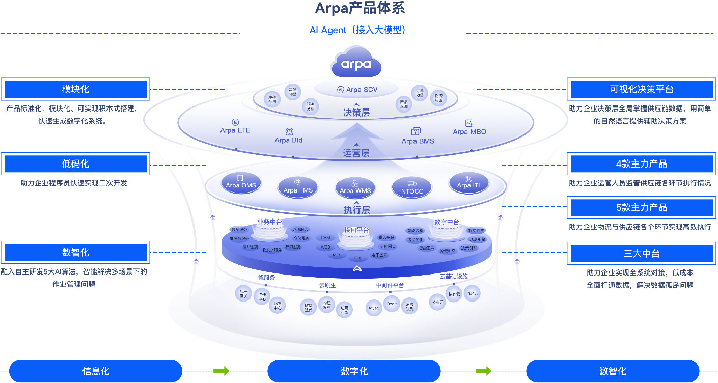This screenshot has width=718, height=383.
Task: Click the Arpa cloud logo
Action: (x=355, y=63)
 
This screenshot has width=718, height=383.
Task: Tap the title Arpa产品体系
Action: (x=360, y=9)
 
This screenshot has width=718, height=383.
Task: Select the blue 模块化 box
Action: (x=75, y=89)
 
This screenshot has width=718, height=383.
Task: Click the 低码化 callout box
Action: (x=75, y=164)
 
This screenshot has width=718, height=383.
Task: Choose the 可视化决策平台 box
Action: (x=642, y=89)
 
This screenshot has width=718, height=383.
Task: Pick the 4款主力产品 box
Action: (x=642, y=164)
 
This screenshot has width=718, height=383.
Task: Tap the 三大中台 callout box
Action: (x=642, y=253)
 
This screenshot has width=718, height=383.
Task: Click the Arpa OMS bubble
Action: (x=241, y=183)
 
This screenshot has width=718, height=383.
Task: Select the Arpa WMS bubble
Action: (x=355, y=188)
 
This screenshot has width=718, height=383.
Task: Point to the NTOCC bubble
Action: (x=412, y=188)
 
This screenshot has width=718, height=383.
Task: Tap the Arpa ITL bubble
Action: (x=469, y=183)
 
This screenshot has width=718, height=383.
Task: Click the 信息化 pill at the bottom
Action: (x=96, y=371)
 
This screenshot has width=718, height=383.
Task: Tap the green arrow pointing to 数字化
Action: (x=221, y=371)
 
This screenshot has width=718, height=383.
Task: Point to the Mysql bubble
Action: (x=374, y=308)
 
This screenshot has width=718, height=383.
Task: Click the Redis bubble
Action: (x=392, y=304)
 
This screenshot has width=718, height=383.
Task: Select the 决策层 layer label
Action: (x=356, y=113)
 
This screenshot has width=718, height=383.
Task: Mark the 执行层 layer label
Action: (x=356, y=209)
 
